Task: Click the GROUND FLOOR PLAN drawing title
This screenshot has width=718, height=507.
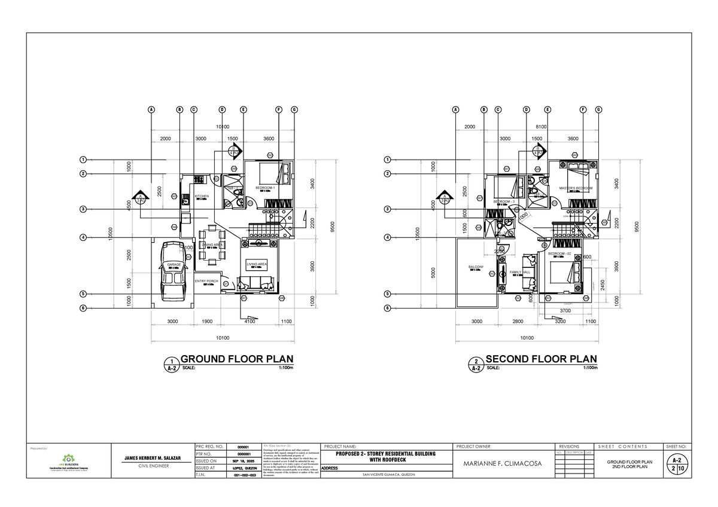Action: pos(238,359)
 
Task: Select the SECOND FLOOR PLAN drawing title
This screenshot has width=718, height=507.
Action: pos(541,359)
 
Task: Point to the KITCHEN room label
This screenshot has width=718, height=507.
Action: pos(201,196)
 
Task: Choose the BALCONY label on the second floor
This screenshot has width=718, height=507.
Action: pos(476,267)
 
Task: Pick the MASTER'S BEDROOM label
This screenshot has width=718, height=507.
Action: pos(574,188)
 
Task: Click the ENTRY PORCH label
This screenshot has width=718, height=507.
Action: pos(206,281)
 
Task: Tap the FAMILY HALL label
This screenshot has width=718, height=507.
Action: pos(519,272)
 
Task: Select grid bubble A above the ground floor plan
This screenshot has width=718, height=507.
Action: pos(151,110)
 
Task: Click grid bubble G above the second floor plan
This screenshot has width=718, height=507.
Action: pos(598,110)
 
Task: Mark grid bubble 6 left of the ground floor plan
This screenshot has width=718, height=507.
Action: pos(83,308)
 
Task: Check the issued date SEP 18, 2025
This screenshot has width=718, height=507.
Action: pos(242,462)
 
